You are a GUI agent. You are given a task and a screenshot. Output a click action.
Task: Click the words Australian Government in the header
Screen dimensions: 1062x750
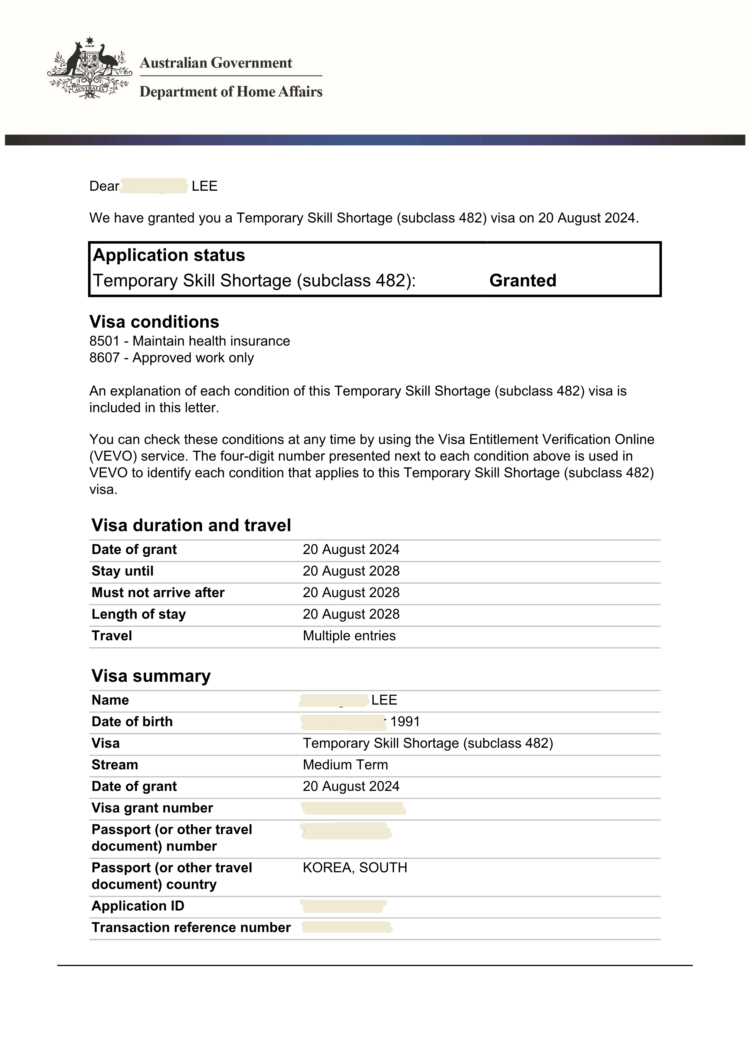point(216,63)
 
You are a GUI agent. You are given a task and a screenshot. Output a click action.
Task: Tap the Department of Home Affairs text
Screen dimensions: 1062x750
point(230,92)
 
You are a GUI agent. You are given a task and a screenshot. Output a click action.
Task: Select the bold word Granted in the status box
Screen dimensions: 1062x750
point(523,281)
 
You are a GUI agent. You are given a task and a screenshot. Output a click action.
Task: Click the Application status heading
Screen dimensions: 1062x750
point(169,255)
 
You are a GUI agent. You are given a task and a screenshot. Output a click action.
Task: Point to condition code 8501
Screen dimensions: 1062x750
point(104,341)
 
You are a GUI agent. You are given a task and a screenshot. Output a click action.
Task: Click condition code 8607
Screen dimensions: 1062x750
point(104,358)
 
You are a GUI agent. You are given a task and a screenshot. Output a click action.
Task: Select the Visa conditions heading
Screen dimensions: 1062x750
point(154,322)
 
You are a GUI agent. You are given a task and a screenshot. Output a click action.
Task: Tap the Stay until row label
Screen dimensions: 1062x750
point(122,571)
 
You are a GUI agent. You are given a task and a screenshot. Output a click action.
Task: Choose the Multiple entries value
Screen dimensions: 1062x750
point(349,636)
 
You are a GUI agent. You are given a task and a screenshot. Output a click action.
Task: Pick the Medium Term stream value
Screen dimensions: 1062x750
point(345,765)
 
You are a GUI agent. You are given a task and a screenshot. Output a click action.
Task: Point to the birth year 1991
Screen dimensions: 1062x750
point(405,722)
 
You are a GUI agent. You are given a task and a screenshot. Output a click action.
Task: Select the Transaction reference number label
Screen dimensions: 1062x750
point(191,928)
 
